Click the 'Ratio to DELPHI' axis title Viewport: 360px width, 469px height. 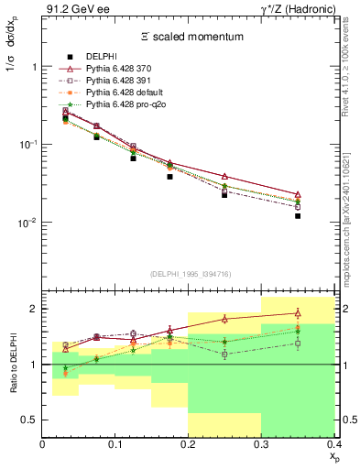click(x=14, y=365)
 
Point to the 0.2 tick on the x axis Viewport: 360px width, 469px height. click(x=189, y=444)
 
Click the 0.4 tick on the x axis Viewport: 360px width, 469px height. click(x=333, y=444)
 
